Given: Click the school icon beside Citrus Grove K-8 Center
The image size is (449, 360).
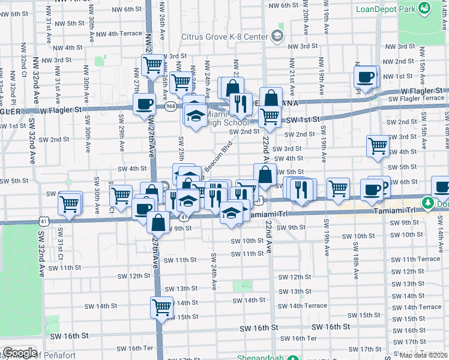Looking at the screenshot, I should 277,37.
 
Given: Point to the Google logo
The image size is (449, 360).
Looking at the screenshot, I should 19,353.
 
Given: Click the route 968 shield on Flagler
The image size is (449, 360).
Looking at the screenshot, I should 171,107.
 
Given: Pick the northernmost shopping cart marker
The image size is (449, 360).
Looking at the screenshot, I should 153,64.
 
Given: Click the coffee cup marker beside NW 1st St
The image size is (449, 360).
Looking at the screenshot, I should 365,77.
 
